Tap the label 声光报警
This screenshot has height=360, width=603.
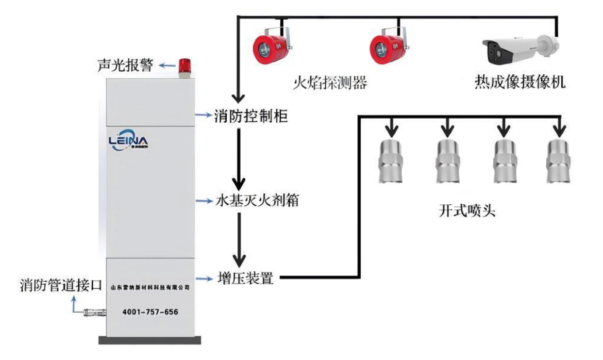pos(125,66)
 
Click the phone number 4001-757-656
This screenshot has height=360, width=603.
pos(150,312)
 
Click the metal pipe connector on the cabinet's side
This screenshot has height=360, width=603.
pos(94,312)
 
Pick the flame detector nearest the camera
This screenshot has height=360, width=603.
pos(387,47)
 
